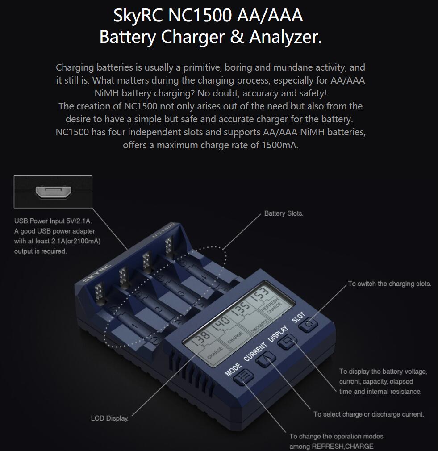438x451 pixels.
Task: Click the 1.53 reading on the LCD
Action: pyautogui.click(x=259, y=294)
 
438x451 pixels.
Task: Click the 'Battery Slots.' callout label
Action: pyautogui.click(x=284, y=213)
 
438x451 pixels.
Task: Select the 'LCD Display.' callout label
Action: pyautogui.click(x=110, y=418)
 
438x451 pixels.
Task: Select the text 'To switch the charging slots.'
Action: pyautogui.click(x=389, y=284)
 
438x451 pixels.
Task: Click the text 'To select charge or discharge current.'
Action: pyautogui.click(x=368, y=414)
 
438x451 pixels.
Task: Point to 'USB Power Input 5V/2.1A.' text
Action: pyautogui.click(x=56, y=221)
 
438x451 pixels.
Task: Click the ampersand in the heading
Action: pyautogui.click(x=237, y=37)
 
